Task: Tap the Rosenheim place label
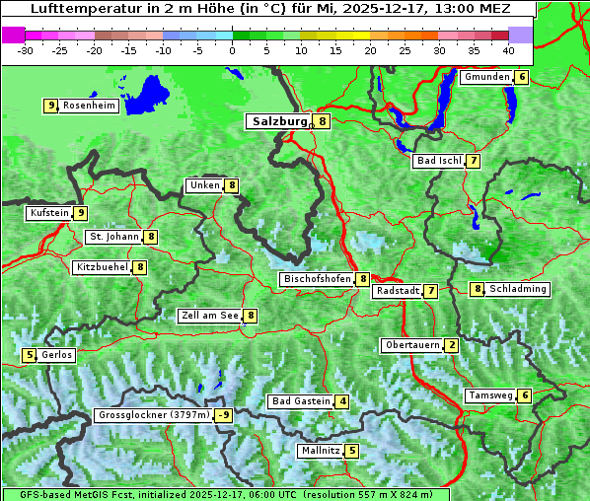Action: point(89,106)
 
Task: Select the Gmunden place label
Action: point(486,77)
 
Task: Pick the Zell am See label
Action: point(210,316)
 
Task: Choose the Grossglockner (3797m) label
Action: point(154,415)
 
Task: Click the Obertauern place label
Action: point(411,345)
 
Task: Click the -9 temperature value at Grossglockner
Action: point(224,415)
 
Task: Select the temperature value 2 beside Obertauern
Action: point(451,345)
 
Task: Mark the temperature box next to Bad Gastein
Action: point(341,401)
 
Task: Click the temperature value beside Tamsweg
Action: point(525,395)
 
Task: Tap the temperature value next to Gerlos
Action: point(30,355)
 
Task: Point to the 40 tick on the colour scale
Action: point(507,50)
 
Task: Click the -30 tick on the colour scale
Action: point(26,50)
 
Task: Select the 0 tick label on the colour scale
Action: point(232,50)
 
